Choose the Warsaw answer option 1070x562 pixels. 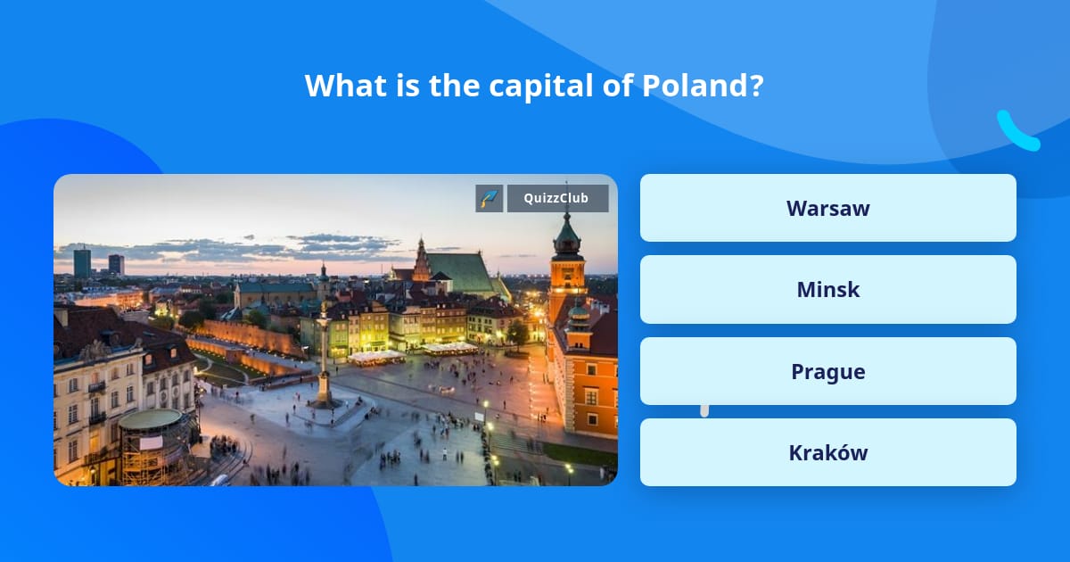tap(827, 208)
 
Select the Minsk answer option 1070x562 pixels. tap(827, 289)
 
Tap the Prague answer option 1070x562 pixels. tap(827, 371)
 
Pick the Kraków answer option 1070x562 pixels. tap(827, 452)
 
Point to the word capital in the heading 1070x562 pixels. tap(531, 86)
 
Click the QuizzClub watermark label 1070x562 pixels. tap(557, 198)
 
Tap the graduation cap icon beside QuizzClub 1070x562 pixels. tap(490, 198)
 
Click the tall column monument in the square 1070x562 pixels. tap(324, 357)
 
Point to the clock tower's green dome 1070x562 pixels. tap(567, 239)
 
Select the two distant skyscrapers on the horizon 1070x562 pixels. tap(97, 262)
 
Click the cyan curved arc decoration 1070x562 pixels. tap(1017, 131)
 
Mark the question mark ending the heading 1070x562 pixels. tap(756, 86)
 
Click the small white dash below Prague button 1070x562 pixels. tap(704, 410)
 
